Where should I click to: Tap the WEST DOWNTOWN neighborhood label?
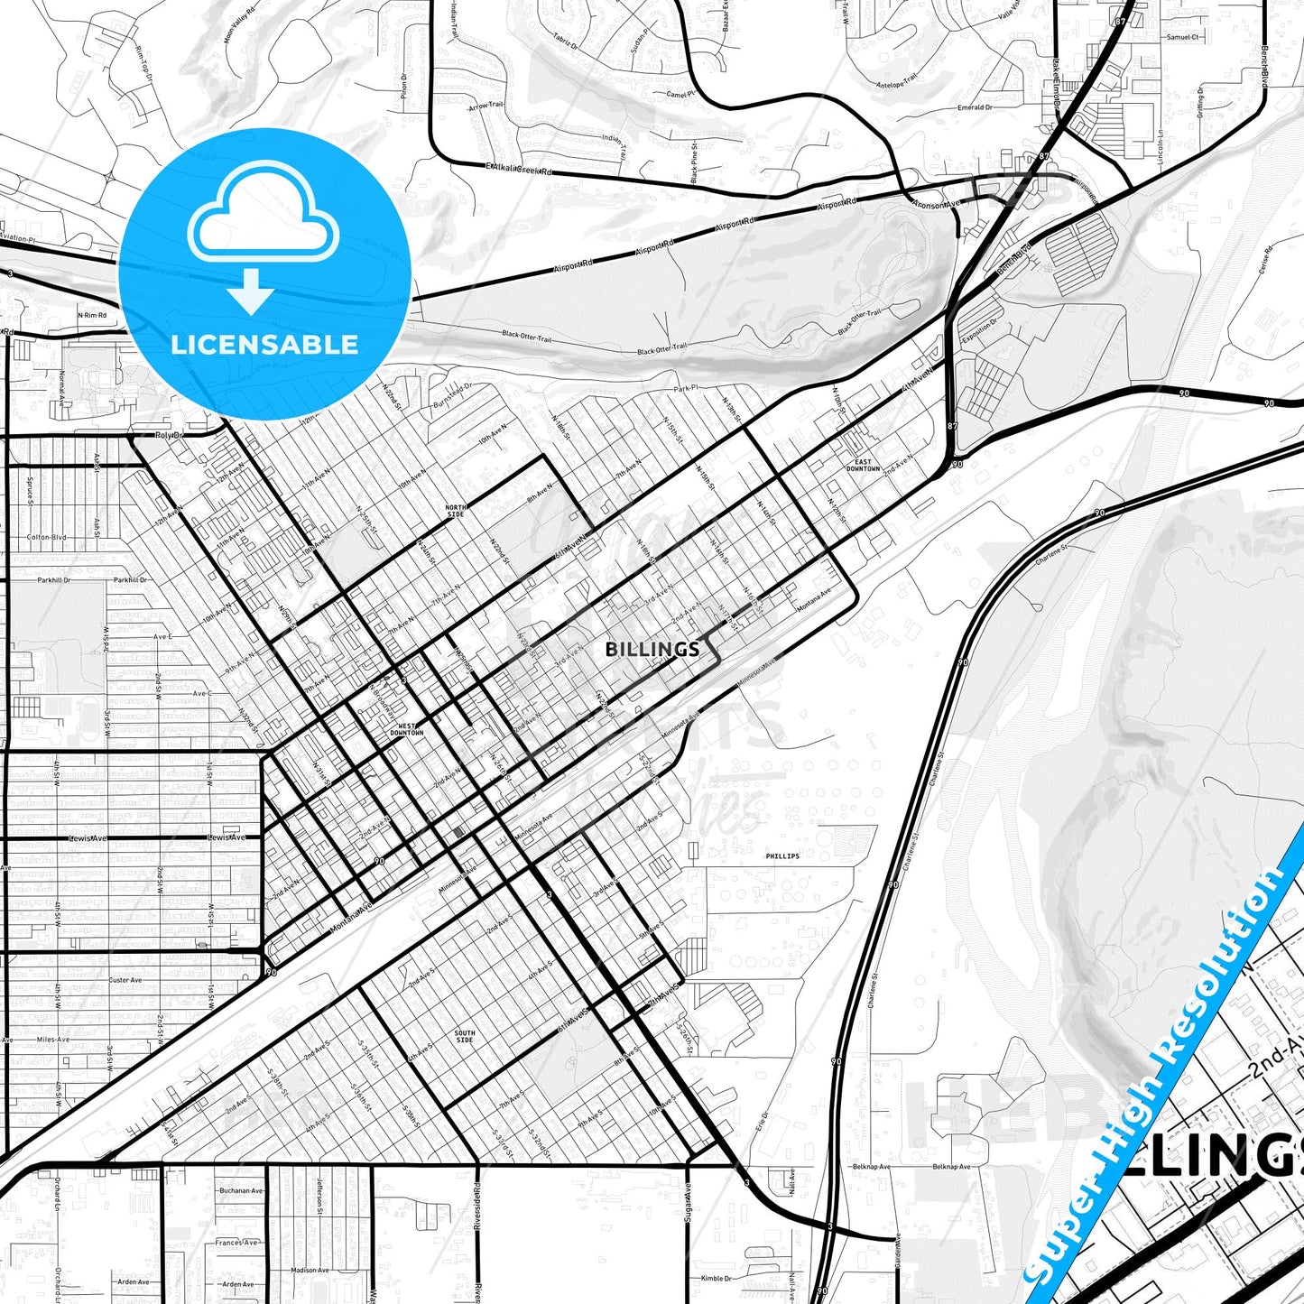pos(406,729)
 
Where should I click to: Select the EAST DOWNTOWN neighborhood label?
pos(863,466)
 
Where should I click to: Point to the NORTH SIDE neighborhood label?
pos(456,511)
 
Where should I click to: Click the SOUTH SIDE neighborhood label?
pos(464,1037)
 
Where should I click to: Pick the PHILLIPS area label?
pos(782,855)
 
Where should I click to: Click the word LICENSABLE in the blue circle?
pos(264,345)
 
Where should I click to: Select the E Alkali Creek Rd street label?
pos(519,169)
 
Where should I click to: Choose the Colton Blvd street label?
pos(46,537)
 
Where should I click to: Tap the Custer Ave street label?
pos(125,980)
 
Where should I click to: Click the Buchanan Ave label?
pos(241,1190)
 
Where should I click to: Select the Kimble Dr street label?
pos(716,1278)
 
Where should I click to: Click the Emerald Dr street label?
pos(975,107)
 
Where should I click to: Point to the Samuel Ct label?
pos(1182,38)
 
